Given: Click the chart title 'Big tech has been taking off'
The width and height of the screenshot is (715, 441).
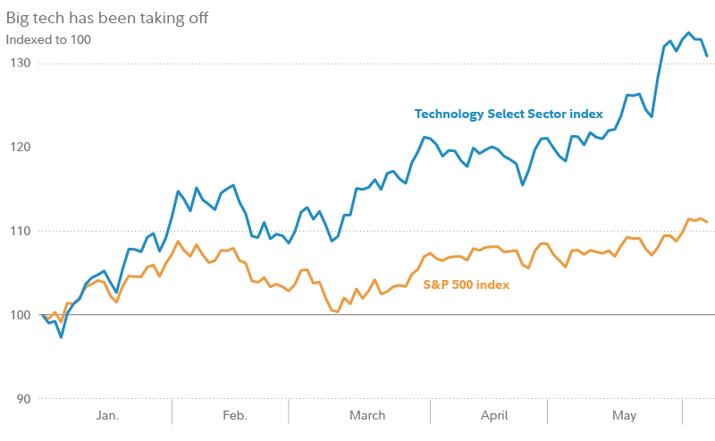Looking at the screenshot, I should tap(108, 18).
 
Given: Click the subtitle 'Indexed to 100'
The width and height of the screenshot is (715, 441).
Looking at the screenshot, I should tap(48, 39).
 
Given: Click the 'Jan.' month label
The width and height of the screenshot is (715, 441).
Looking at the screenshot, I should tap(106, 416).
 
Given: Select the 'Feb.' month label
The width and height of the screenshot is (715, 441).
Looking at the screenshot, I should tap(234, 416).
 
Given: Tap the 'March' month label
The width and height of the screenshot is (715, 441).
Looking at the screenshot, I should tap(367, 416).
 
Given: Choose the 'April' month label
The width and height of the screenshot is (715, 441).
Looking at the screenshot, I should tap(494, 416).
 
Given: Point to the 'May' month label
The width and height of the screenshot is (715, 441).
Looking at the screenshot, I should tap(624, 416).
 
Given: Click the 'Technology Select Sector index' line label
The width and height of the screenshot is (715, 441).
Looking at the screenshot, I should tap(509, 114).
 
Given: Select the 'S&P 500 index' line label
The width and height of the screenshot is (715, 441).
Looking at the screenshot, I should tap(465, 285).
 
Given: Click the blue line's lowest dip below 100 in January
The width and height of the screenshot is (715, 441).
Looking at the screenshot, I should tap(61, 337).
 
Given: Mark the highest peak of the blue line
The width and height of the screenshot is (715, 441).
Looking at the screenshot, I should tap(687, 34).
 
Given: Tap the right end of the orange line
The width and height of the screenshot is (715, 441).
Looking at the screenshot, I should tap(708, 222).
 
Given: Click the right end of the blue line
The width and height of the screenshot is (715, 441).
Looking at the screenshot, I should tap(708, 56).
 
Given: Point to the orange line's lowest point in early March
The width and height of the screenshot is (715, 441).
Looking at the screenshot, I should tap(337, 311).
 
